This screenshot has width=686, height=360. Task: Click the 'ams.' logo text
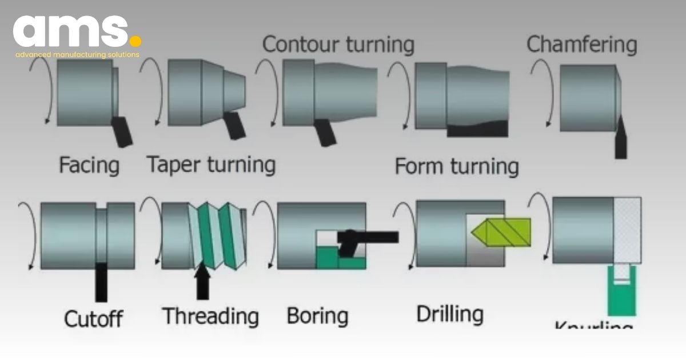(71, 31)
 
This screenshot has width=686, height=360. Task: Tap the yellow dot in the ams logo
(135, 41)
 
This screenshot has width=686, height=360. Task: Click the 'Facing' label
(89, 166)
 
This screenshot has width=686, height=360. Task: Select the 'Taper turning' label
(211, 165)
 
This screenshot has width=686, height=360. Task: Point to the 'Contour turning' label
(338, 44)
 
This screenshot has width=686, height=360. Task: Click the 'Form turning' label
(457, 167)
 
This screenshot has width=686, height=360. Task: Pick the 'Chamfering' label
(581, 44)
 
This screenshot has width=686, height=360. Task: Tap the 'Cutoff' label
(94, 318)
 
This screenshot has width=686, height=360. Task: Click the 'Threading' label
(210, 315)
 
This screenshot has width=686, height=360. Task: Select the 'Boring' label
(317, 315)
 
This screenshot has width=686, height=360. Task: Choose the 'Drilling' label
(449, 314)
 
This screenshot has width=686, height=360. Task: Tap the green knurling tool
(621, 291)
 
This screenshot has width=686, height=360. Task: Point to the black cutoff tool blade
(101, 281)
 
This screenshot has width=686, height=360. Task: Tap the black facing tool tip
(122, 130)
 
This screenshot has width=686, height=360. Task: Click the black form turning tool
(477, 129)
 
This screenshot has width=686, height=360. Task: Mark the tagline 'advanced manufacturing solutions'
(77, 55)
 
